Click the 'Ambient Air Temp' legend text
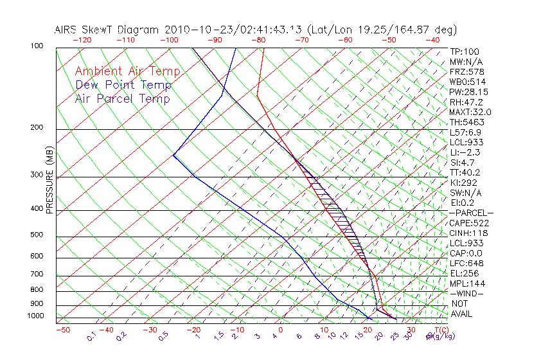point(127,71)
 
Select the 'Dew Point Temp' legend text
point(123,85)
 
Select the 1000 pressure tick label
point(36,316)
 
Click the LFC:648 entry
point(466,263)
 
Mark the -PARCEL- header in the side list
point(471,213)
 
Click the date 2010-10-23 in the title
point(195,30)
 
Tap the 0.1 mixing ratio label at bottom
point(91,337)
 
